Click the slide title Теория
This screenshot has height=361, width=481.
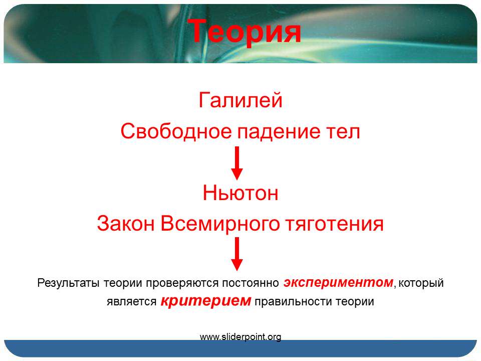point(245,32)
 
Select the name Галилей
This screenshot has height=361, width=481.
point(241,100)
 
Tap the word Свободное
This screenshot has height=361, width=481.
point(176,131)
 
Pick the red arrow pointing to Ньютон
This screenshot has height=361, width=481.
point(237,163)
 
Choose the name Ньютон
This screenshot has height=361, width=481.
point(241,193)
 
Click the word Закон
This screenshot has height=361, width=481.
point(125,223)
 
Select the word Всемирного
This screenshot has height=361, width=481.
point(220,225)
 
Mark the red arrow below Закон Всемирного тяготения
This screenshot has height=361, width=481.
point(237,254)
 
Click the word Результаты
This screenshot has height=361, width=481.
point(68,283)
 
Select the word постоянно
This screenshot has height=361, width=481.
point(251,283)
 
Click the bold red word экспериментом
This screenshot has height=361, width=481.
point(338,282)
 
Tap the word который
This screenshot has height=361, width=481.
point(421,283)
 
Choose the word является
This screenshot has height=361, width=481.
point(132,302)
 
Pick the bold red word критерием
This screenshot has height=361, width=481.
point(206,301)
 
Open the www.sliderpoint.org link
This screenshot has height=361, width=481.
point(241,337)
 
